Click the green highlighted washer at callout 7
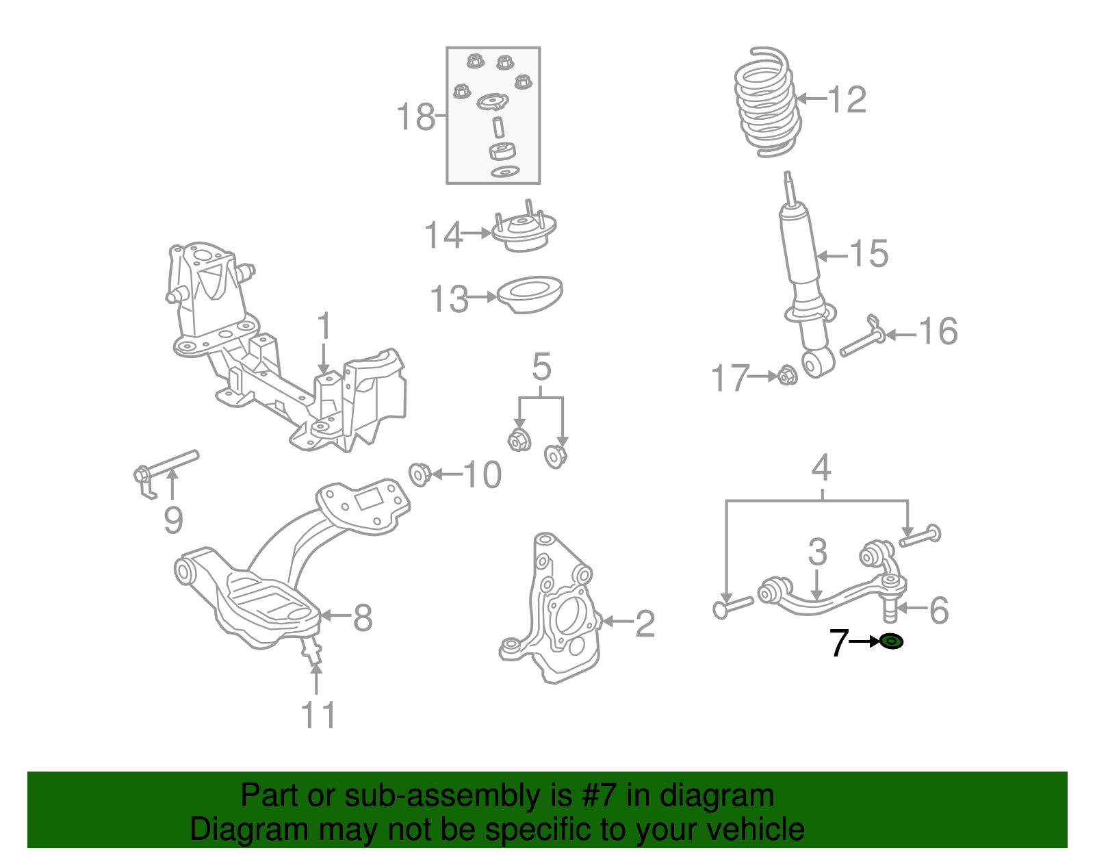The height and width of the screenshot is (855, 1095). point(891,641)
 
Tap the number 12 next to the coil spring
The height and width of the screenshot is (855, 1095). point(847,100)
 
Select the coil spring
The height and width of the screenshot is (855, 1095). point(766,103)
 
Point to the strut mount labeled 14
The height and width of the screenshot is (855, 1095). point(524,233)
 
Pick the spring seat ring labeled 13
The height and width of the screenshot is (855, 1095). point(530,294)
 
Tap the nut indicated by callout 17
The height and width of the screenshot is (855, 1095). point(787,376)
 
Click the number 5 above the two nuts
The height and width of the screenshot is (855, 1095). point(541,368)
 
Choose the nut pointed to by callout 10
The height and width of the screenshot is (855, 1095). point(420,474)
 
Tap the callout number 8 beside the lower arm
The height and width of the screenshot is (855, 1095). point(363,617)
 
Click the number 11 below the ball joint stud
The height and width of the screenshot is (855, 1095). point(318,715)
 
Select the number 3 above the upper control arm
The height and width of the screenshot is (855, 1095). point(817,552)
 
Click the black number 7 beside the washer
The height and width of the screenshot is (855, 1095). point(838,643)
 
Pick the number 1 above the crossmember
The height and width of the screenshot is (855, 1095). point(324,327)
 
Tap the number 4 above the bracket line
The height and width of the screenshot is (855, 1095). point(821,468)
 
